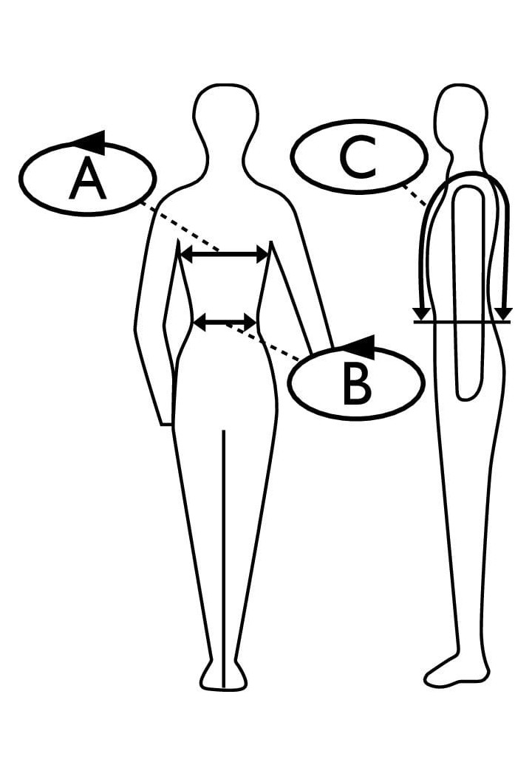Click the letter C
pyautogui.click(x=358, y=157)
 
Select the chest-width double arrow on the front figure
pyautogui.click(x=224, y=255)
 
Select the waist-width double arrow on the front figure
pyautogui.click(x=225, y=323)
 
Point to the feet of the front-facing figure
pyautogui.click(x=223, y=676)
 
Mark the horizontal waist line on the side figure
pyautogui.click(x=462, y=322)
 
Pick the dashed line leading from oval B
pyautogui.click(x=263, y=342)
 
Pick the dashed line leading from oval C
pyautogui.click(x=413, y=195)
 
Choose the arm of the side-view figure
pyautogui.click(x=469, y=292)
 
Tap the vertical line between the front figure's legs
pyautogui.click(x=225, y=558)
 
